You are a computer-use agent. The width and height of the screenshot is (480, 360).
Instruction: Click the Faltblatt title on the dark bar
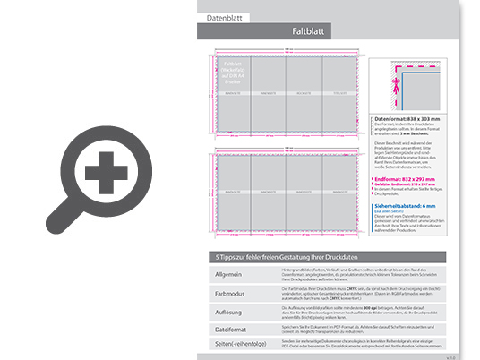click(x=308, y=32)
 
